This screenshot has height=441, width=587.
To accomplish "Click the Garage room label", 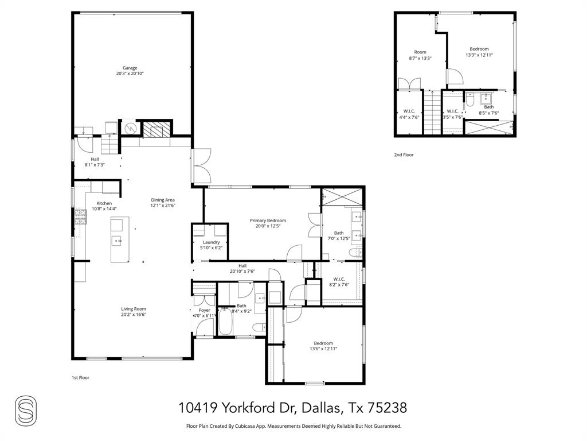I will (x=130, y=68).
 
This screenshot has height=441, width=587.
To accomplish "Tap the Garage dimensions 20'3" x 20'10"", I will (x=130, y=74).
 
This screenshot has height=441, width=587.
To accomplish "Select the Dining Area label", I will (x=162, y=200).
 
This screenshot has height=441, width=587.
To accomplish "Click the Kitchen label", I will (x=104, y=203).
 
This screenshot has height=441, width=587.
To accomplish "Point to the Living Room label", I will (x=133, y=309).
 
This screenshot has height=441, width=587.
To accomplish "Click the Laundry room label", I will (x=211, y=242).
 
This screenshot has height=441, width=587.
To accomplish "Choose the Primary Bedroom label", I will (x=268, y=220).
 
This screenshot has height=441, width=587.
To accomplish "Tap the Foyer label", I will (x=204, y=310).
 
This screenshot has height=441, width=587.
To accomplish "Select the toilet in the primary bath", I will (x=355, y=252).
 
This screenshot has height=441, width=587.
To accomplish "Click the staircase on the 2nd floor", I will (x=431, y=113).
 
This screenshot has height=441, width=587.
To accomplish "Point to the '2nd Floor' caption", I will (x=404, y=155).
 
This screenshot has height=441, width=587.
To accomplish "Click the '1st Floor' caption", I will (x=80, y=378).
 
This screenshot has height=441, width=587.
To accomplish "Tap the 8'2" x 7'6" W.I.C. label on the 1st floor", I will (x=339, y=279).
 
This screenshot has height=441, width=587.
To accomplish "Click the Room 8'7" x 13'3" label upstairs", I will (x=420, y=52).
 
